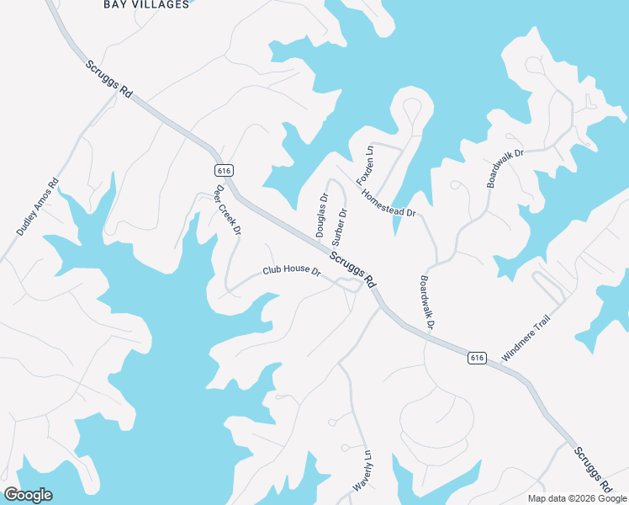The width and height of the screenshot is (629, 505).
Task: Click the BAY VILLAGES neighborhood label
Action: (x=146, y=4)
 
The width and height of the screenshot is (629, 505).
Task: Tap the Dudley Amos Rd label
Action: (x=38, y=207)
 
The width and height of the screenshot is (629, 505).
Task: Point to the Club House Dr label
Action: (x=292, y=271)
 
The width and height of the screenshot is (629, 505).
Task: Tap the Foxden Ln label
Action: (x=364, y=166)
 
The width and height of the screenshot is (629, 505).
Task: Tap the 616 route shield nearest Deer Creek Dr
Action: (x=223, y=170)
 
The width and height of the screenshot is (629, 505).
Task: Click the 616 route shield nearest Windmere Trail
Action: (x=477, y=358)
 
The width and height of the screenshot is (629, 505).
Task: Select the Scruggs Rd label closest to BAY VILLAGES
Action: (x=108, y=78)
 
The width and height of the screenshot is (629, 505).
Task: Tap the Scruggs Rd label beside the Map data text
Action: (x=593, y=470)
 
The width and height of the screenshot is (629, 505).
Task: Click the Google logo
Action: (x=28, y=495)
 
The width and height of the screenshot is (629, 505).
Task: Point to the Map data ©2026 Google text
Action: (x=577, y=498)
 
